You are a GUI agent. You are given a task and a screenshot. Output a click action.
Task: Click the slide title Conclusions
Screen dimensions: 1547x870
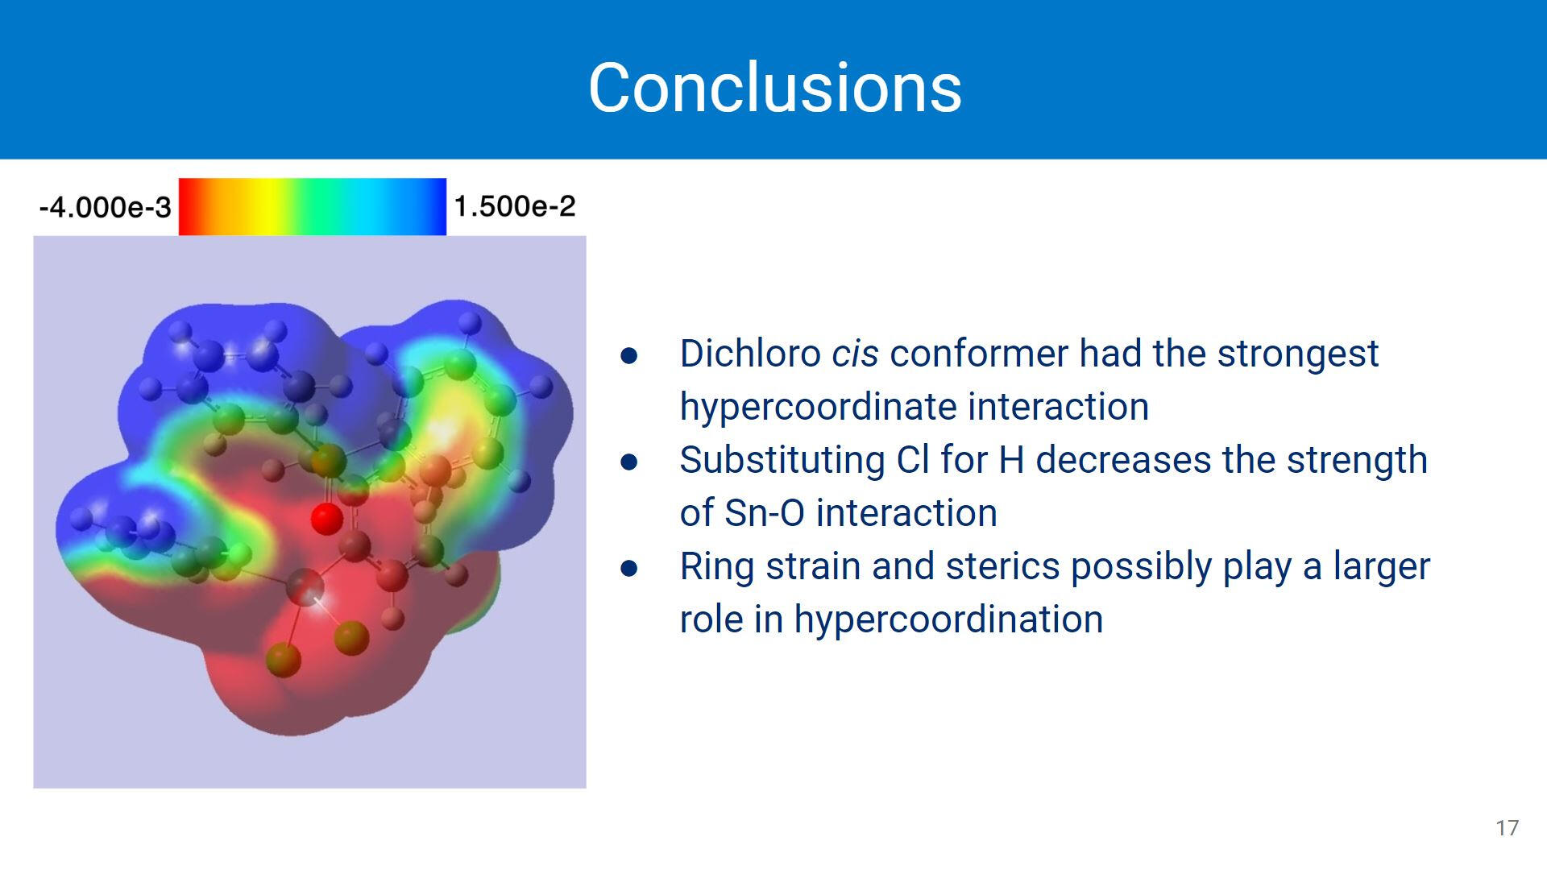[x=774, y=87]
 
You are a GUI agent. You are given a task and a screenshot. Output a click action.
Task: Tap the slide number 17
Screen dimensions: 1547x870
[x=1507, y=828]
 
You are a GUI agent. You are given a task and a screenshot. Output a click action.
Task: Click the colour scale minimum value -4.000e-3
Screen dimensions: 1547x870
[x=105, y=208]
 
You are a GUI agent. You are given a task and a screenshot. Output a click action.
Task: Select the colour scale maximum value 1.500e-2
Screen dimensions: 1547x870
[x=515, y=206]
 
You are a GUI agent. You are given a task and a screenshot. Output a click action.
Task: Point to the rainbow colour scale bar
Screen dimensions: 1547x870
[x=312, y=207]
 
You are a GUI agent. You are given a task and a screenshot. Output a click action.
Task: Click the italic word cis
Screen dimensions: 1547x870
[x=855, y=354]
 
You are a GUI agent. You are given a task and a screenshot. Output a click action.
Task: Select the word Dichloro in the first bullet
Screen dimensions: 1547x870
[x=750, y=354]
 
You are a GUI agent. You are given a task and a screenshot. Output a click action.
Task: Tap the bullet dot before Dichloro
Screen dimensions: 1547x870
[x=629, y=355]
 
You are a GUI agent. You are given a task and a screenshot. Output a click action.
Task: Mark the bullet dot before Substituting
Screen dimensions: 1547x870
[x=629, y=462]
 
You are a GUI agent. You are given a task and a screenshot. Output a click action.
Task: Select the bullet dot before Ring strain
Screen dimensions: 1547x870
[x=629, y=568]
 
